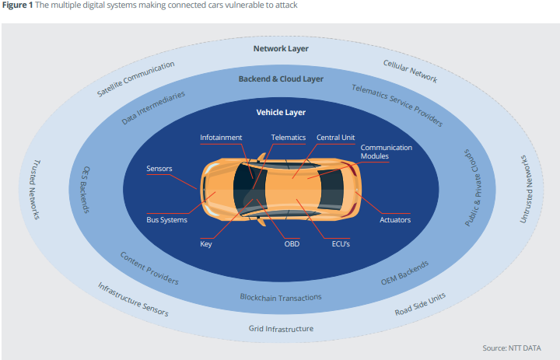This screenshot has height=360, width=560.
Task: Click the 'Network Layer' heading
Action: click(x=281, y=48)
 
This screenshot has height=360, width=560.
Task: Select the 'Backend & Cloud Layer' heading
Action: click(x=281, y=79)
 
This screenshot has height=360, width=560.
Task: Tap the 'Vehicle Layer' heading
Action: click(x=281, y=112)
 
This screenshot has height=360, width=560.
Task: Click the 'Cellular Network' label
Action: click(x=411, y=71)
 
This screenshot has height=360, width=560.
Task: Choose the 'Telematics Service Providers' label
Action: click(x=397, y=105)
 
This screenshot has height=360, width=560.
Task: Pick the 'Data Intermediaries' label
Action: click(x=154, y=107)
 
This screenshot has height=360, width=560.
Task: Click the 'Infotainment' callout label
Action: click(x=221, y=138)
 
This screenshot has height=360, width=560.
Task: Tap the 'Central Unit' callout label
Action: click(x=335, y=138)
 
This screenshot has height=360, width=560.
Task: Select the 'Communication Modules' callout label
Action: click(x=386, y=152)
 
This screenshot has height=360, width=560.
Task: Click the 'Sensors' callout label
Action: click(x=159, y=168)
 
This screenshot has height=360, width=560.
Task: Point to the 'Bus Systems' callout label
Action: click(x=166, y=220)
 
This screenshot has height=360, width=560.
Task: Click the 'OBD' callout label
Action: click(x=292, y=243)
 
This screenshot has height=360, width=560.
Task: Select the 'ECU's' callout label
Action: click(x=341, y=243)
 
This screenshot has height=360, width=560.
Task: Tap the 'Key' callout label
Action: click(x=206, y=243)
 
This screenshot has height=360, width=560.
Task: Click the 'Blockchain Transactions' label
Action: click(x=281, y=297)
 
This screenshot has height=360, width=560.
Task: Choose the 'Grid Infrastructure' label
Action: click(x=281, y=328)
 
